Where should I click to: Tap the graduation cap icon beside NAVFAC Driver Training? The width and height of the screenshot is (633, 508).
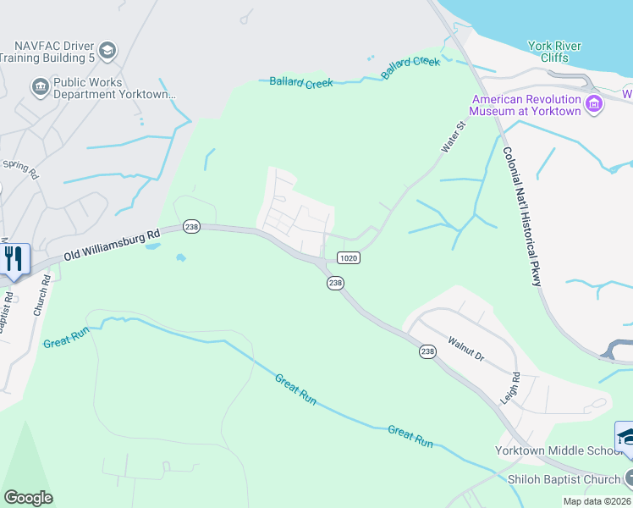coord(107,51)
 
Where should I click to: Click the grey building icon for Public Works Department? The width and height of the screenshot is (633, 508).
coord(39,86)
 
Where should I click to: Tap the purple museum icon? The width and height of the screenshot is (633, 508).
coord(594,105)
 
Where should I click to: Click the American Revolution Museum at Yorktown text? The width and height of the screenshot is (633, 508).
coord(526,105)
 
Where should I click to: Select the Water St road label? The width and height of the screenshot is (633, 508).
coord(454,137)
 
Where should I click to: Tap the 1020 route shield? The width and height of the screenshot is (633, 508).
coord(348,257)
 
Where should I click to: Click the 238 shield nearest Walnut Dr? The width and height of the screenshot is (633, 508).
coord(427,351)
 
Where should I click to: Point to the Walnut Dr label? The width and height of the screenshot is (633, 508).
coord(466,351)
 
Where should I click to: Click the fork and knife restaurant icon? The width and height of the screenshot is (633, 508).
coord(14,258)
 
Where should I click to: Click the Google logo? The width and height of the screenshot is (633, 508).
coord(28,497)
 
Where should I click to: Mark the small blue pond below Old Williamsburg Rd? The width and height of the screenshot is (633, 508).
coord(179,257)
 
